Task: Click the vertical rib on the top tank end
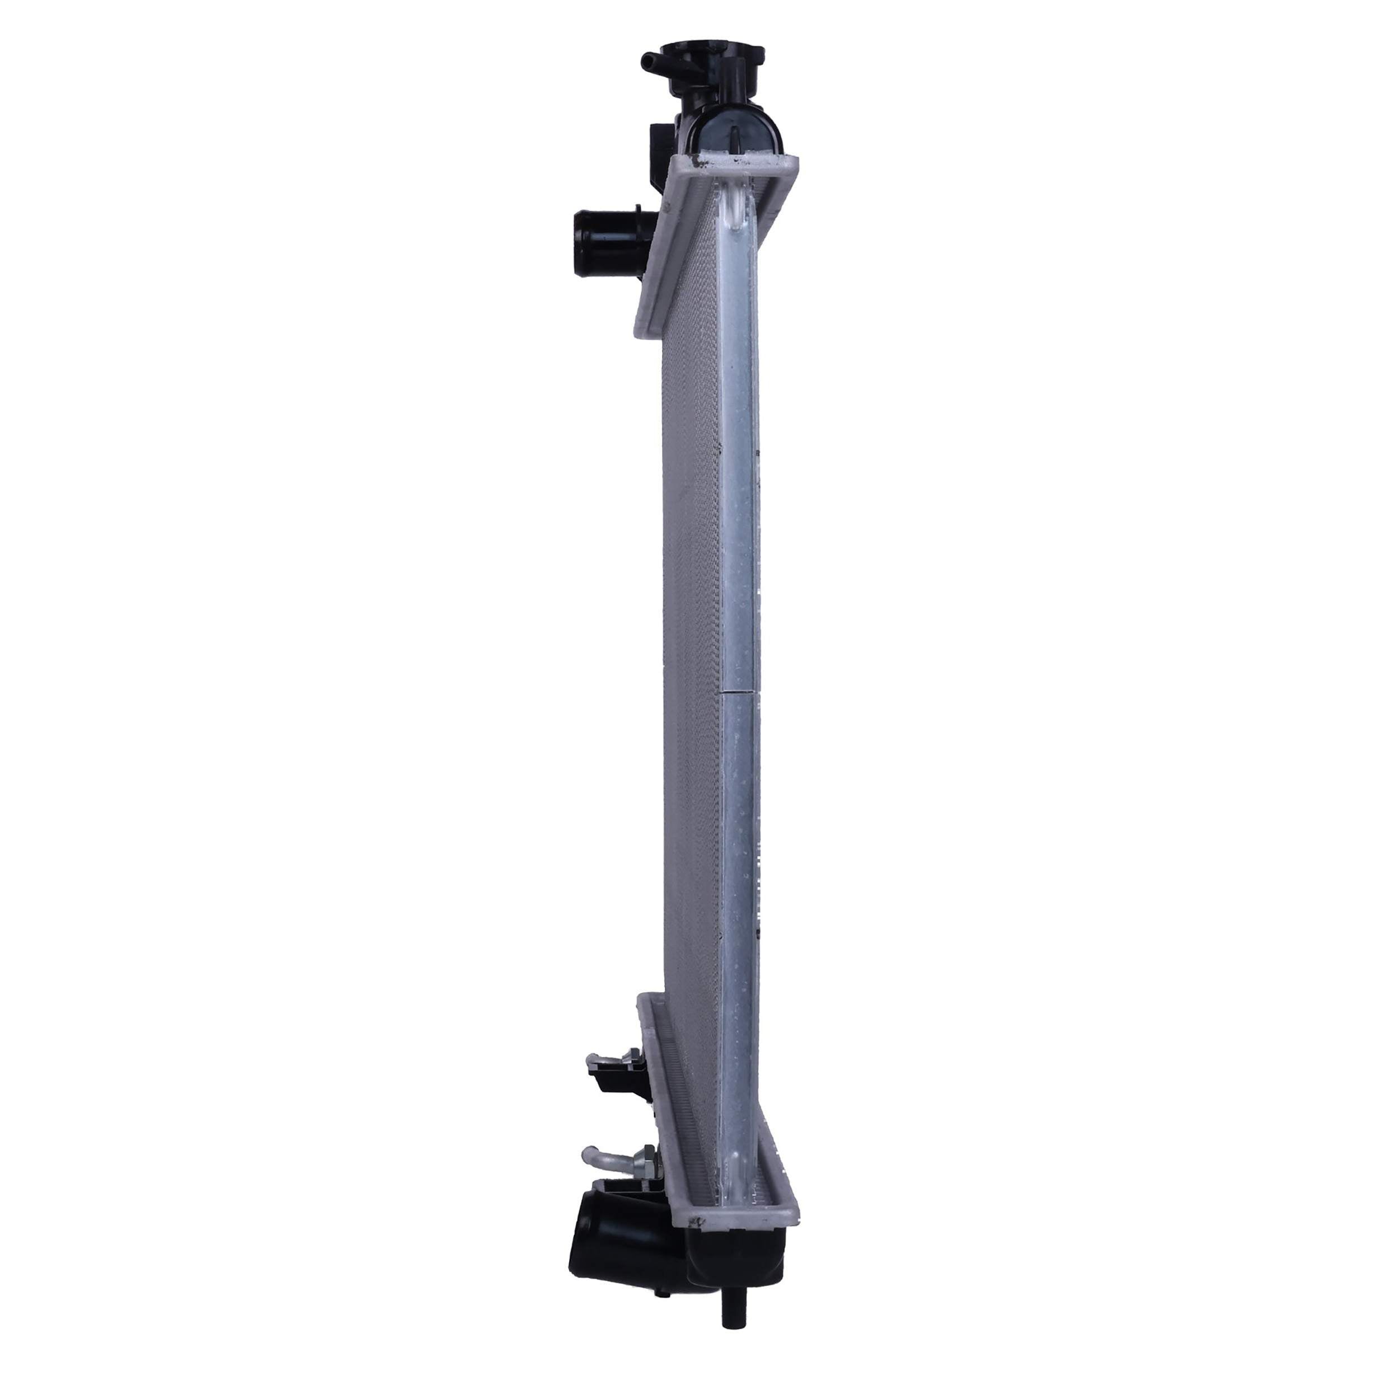tap(734, 138)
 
